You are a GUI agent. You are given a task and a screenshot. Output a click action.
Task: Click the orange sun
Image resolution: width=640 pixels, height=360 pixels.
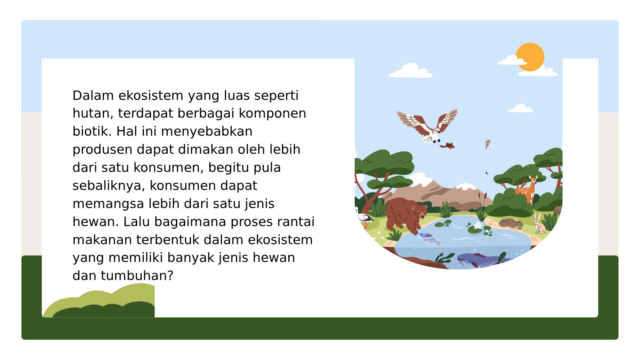tap(530, 57)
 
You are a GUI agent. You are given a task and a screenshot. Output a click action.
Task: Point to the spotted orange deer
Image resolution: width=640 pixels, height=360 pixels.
tap(527, 191)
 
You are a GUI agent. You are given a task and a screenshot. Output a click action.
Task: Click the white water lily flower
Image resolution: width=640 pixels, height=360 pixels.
tap(478, 225)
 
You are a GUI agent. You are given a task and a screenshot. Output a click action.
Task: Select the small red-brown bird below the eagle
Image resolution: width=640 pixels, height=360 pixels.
tap(447, 146)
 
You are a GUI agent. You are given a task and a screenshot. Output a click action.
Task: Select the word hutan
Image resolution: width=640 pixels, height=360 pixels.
tap(93, 113)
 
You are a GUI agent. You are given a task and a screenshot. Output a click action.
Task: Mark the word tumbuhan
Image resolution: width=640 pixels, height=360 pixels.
tap(137, 276)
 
